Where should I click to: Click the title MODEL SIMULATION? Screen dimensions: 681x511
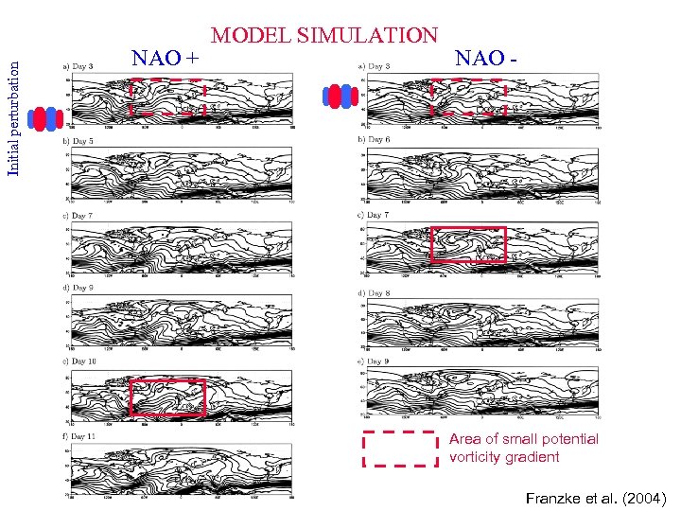[323, 36]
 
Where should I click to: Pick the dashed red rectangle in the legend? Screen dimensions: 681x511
[401, 449]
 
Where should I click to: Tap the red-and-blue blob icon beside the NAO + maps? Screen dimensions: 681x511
[44, 118]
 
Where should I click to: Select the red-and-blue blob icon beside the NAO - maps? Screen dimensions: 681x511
[339, 95]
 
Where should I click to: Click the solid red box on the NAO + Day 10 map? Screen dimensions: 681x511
[167, 397]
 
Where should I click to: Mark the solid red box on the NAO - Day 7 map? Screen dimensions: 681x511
[468, 244]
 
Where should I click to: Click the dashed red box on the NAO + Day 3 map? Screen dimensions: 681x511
[167, 97]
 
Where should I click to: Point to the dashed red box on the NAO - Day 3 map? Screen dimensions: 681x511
[468, 97]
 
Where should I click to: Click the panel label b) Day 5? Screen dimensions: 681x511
[79, 141]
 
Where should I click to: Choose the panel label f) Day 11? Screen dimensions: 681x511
[80, 436]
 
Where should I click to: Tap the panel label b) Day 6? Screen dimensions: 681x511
[375, 140]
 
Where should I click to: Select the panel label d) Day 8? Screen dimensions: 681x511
[375, 293]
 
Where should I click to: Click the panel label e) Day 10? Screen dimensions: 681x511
[80, 361]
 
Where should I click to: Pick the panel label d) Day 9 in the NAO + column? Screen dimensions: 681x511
[79, 287]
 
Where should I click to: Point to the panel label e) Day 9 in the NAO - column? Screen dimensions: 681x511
[375, 361]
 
